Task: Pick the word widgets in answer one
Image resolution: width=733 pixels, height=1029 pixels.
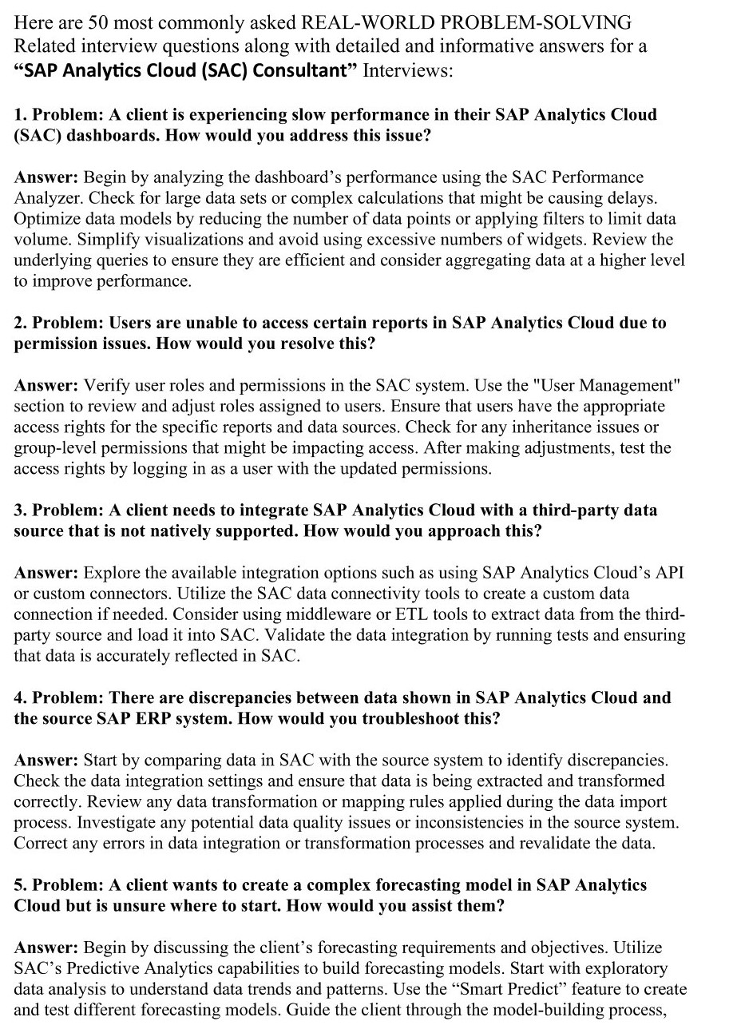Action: click(x=557, y=240)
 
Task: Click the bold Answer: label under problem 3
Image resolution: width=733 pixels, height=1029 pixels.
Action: click(x=46, y=573)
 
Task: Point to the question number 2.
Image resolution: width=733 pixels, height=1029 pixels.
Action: click(x=20, y=323)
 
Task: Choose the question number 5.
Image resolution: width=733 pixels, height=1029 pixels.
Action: click(x=20, y=885)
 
